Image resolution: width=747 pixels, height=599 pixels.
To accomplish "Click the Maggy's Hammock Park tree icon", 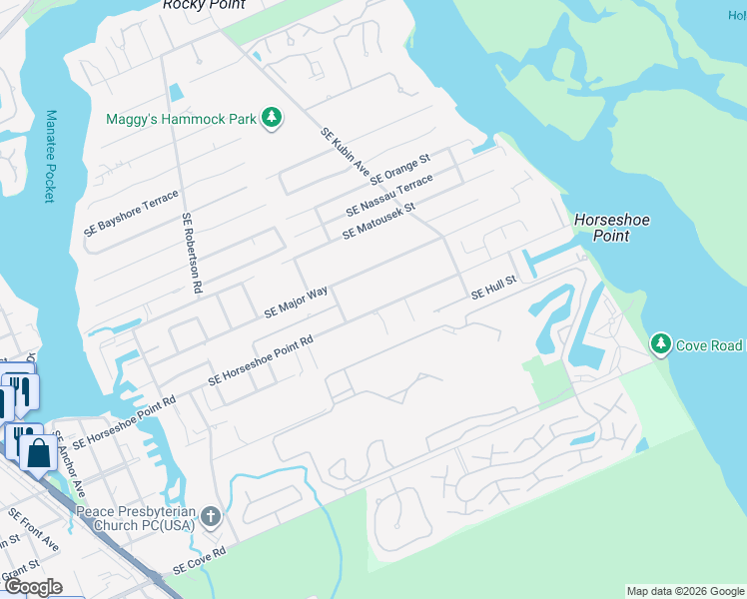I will click(x=271, y=119).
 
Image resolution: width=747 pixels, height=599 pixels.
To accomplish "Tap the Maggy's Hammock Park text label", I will click(x=181, y=119).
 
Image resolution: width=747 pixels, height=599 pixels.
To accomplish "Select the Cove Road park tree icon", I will click(x=660, y=345).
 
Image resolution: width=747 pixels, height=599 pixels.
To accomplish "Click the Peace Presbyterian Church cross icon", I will click(x=210, y=516).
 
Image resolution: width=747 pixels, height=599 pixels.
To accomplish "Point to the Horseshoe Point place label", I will click(x=601, y=228).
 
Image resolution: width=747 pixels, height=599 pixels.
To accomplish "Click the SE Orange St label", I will click(x=399, y=170).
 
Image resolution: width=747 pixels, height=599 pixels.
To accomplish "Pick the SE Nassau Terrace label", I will click(x=389, y=196).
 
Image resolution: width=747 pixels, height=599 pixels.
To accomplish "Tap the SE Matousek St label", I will click(x=377, y=221).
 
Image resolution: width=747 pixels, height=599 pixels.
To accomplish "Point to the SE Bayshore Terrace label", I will click(x=131, y=212).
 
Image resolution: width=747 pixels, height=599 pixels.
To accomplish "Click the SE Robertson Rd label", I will click(x=192, y=253).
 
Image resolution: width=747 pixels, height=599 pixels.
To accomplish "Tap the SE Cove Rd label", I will click(x=200, y=560).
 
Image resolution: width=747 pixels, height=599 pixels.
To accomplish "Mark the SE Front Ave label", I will click(x=34, y=530).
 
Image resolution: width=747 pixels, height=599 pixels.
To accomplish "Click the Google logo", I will click(x=32, y=587).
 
